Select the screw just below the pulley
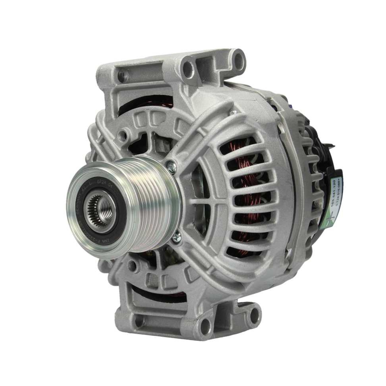tap(177, 237)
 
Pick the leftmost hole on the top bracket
tap(123, 76)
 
